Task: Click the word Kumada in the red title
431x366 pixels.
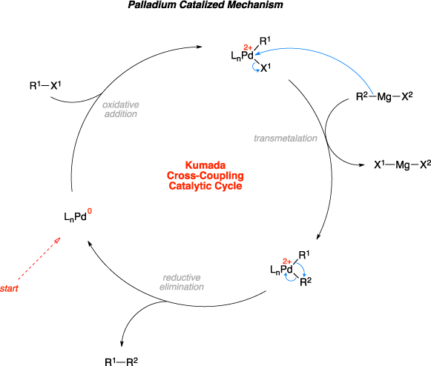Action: (205, 165)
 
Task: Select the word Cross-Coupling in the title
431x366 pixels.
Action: (205, 176)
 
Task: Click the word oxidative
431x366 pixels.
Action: (120, 105)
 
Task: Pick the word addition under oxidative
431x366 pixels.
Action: (120, 115)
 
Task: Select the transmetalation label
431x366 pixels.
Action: (286, 139)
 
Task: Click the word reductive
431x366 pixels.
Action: (182, 278)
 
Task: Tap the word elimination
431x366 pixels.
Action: (182, 287)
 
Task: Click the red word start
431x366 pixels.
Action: (10, 288)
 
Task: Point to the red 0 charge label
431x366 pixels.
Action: (90, 212)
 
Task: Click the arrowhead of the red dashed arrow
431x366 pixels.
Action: (59, 239)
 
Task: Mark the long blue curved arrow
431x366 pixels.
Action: (326, 56)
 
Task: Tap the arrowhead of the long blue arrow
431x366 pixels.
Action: (257, 53)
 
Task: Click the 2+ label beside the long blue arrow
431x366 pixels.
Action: (248, 48)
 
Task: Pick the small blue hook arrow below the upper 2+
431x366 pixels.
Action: (256, 67)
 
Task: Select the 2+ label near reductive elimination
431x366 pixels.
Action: (287, 262)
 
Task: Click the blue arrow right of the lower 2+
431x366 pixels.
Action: (301, 270)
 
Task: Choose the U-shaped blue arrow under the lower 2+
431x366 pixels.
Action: (290, 278)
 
